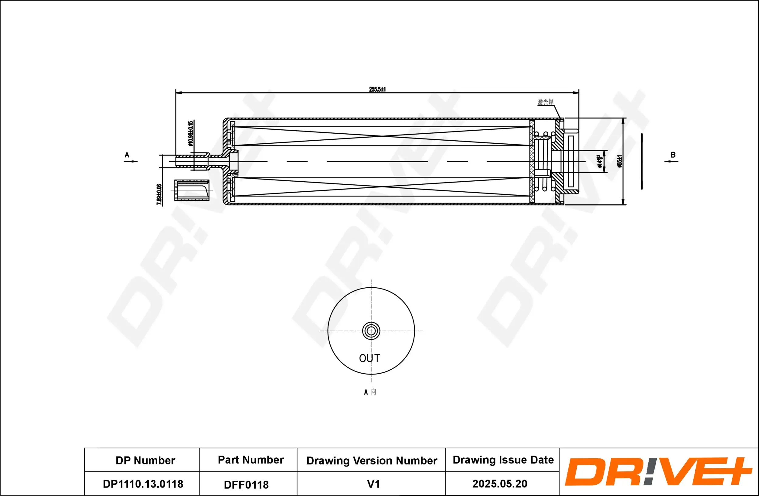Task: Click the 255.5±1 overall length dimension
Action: [377, 89]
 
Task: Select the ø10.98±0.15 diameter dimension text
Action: [191, 133]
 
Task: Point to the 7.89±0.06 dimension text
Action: [159, 194]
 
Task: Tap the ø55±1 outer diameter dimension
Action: [619, 161]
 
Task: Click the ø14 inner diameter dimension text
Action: [600, 161]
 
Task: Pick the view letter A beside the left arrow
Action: [127, 155]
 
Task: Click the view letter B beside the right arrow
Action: [673, 155]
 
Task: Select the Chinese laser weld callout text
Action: [545, 102]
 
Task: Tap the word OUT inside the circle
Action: [369, 358]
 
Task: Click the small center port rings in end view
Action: [371, 331]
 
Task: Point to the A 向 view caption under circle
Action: [370, 392]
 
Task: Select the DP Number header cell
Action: [145, 460]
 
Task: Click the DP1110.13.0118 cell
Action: [143, 484]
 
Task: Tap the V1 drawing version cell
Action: [373, 484]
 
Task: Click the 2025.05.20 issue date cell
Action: [500, 484]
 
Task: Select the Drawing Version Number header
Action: [372, 461]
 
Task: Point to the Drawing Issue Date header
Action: [503, 460]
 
